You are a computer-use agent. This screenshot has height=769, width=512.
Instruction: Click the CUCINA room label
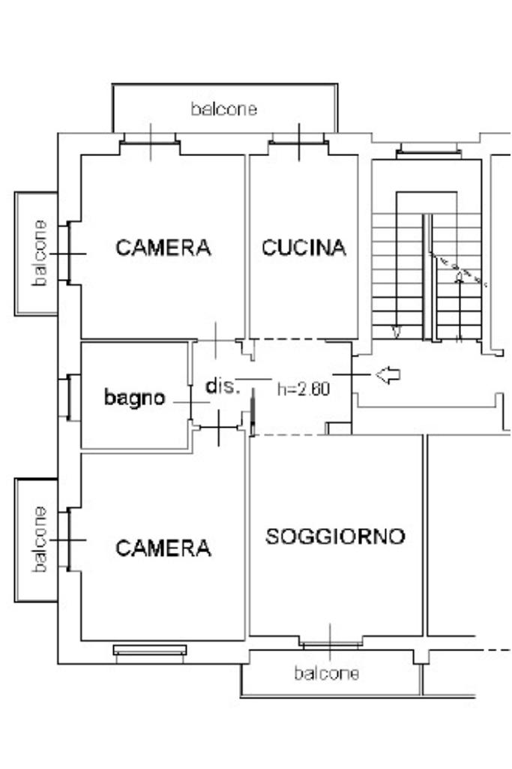(x=304, y=248)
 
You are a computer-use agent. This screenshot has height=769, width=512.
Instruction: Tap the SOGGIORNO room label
(x=336, y=536)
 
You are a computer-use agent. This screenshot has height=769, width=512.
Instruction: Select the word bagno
(x=135, y=398)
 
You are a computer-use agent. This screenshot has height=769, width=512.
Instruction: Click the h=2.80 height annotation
(x=304, y=389)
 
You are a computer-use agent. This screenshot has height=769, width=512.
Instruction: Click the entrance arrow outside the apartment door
(x=388, y=375)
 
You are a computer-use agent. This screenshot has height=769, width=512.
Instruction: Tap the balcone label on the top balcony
(x=224, y=109)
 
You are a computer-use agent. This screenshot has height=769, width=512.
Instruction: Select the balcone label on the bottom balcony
(x=326, y=674)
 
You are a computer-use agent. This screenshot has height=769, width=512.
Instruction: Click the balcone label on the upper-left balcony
(x=40, y=253)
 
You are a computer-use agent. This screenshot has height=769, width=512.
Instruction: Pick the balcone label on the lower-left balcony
(x=40, y=539)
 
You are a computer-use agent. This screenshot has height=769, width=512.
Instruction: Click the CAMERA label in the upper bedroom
(x=163, y=248)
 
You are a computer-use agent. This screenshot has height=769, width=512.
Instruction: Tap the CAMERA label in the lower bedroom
(x=163, y=548)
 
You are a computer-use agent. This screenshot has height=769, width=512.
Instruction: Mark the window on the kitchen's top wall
(x=299, y=140)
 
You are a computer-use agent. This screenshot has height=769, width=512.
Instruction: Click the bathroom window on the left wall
(x=69, y=397)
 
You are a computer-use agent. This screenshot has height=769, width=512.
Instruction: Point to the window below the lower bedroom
(x=150, y=650)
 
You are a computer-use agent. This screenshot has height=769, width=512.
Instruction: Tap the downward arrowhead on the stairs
(x=396, y=332)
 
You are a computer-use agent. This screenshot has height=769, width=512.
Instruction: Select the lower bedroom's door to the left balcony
(x=69, y=539)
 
